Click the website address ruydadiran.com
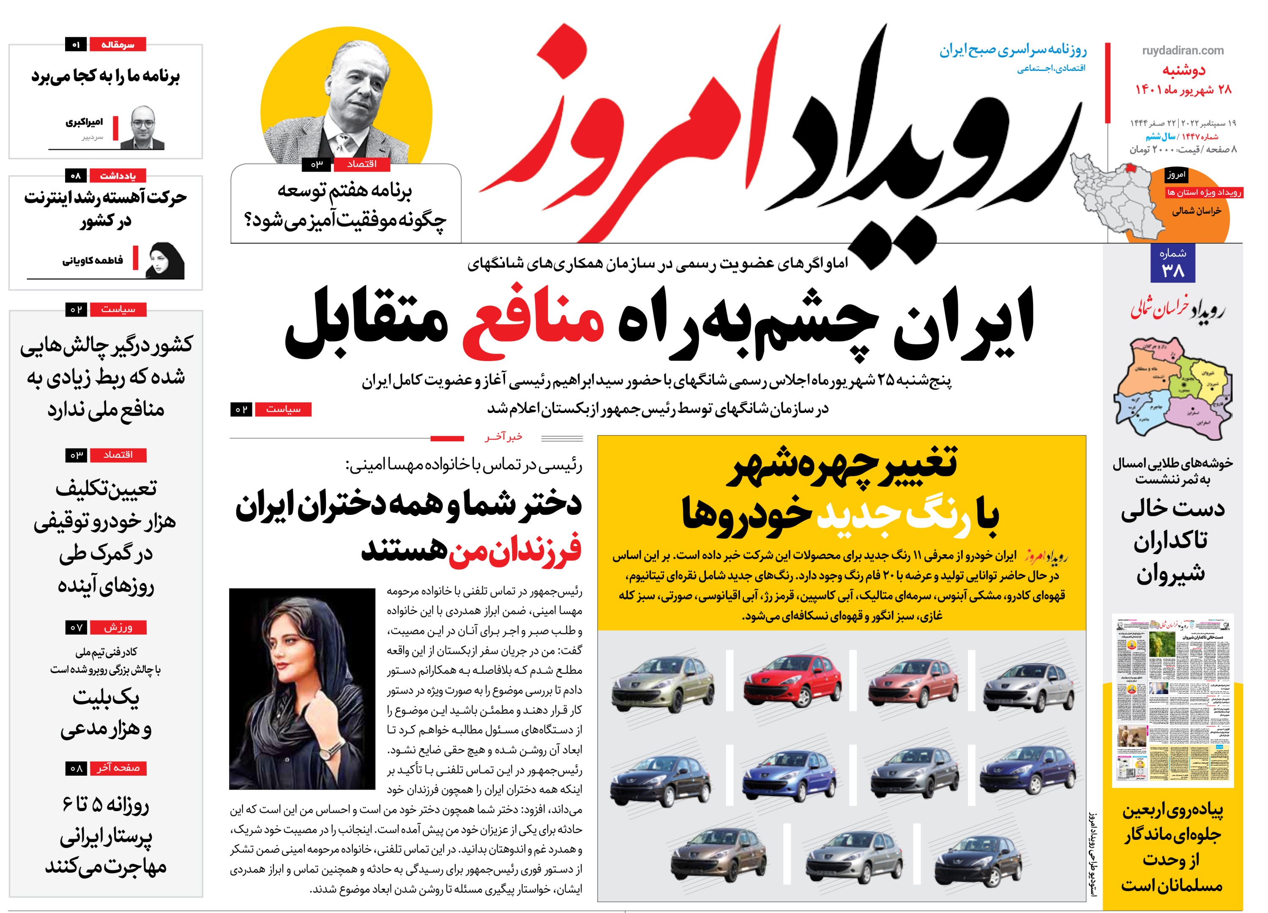click(x=1183, y=50)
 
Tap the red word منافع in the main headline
click(x=533, y=316)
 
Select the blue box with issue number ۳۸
click(x=1172, y=263)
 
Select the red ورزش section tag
click(x=118, y=627)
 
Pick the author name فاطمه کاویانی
click(x=93, y=260)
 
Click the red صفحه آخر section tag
click(x=118, y=768)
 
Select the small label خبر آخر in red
click(x=503, y=437)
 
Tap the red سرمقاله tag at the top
click(x=118, y=45)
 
